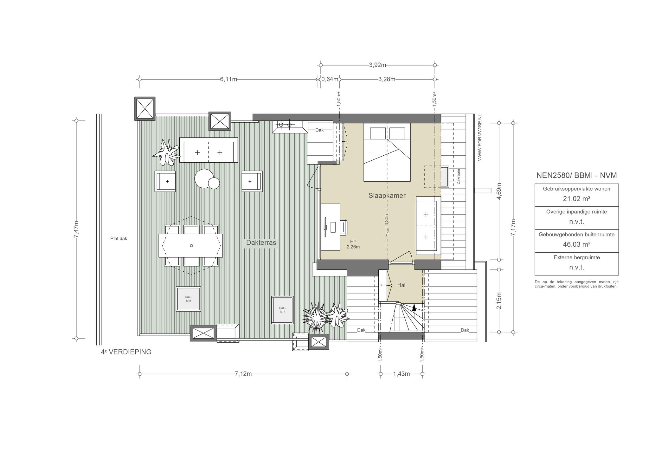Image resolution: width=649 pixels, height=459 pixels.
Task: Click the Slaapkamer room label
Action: click(387, 196)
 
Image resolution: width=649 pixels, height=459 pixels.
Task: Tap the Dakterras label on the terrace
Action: click(261, 243)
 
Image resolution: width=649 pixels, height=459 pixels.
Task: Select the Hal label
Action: click(401, 285)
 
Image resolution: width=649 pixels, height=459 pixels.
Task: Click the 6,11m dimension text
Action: click(228, 79)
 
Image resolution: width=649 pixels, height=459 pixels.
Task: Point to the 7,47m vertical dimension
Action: click(76, 229)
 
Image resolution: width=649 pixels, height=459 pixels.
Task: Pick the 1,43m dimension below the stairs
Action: click(402, 374)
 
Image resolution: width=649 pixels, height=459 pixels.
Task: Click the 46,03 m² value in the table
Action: click(576, 244)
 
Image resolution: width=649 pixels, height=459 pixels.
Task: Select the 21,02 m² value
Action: click(576, 199)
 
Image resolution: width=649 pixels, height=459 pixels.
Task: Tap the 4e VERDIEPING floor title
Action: click(126, 352)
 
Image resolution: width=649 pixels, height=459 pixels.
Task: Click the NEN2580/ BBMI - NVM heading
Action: click(576, 175)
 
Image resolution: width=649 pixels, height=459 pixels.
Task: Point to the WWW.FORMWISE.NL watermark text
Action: click(479, 137)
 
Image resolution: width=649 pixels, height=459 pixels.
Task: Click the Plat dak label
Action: click(119, 239)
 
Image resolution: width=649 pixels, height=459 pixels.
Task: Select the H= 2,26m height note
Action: click(353, 244)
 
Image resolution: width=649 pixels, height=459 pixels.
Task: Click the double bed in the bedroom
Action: click(387, 152)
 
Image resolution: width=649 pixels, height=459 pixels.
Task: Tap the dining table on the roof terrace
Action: click(191, 246)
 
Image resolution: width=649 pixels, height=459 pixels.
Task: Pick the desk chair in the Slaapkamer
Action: click(344, 227)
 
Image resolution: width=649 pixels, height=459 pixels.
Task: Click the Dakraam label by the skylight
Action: click(458, 176)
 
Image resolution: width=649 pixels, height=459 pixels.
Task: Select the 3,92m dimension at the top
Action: click(377, 65)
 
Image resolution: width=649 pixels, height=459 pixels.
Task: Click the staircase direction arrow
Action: click(414, 307)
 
